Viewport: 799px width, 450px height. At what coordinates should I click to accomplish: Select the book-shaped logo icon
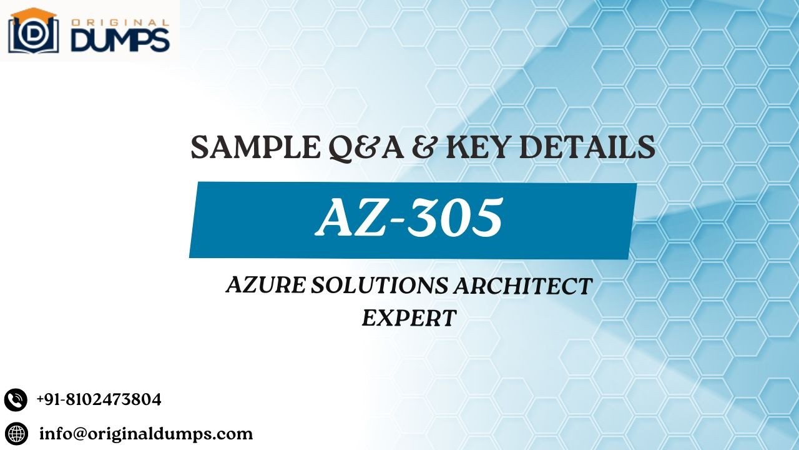click(33, 34)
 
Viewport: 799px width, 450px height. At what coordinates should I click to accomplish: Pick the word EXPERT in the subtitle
click(409, 317)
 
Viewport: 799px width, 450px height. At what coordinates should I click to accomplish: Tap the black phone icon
click(16, 399)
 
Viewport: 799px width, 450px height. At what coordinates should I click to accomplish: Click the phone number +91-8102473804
click(99, 399)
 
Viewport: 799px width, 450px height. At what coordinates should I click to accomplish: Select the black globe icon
click(16, 432)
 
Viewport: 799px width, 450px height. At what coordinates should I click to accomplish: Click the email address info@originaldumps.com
click(146, 433)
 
